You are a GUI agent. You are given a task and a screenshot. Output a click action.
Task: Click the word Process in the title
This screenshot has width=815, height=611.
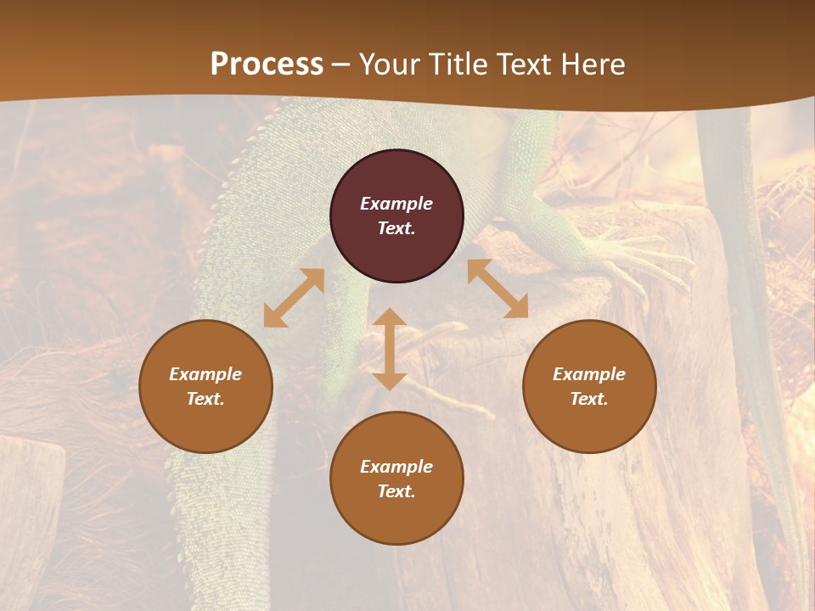coord(267,64)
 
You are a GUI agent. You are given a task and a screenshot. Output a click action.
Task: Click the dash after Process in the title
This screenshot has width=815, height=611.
coord(340,64)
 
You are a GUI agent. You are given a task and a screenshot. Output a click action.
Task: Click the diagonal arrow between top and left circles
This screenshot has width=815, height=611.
coord(294,298)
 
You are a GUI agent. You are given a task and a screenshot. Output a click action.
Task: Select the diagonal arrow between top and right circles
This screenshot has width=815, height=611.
coord(497,289)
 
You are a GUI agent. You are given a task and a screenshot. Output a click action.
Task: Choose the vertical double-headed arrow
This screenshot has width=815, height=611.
coord(390,349)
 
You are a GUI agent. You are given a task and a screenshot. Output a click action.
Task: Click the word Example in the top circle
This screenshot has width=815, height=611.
coord(396,204)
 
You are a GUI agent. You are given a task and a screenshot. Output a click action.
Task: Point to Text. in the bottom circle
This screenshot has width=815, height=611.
coord(396,491)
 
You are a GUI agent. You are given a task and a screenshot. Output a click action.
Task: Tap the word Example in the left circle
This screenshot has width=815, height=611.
coord(205,374)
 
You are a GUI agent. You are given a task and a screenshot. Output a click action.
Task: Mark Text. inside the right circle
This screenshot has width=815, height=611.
coord(589,399)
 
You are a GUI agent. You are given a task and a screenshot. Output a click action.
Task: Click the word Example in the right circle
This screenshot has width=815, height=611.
coord(589,374)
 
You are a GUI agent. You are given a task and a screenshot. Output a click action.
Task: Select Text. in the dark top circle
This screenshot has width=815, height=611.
coord(396,228)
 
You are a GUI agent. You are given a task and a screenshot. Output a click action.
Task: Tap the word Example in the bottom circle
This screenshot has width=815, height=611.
coord(396,467)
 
